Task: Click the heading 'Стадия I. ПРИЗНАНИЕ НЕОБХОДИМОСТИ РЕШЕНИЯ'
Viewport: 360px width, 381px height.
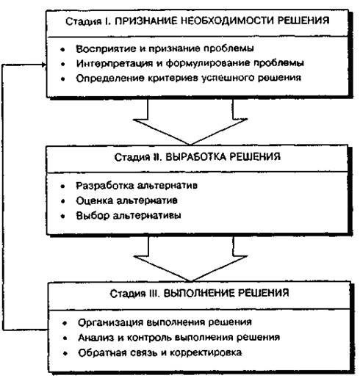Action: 198,21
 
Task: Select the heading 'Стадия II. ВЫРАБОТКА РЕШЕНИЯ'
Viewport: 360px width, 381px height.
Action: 198,156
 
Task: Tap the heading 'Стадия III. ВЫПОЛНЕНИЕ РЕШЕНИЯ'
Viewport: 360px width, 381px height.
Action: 199,293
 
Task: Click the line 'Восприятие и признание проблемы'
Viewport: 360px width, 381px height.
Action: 165,48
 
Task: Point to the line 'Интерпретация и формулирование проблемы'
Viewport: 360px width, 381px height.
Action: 190,63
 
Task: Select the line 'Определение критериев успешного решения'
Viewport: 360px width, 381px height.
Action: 189,78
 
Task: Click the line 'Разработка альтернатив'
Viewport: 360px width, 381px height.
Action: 137,186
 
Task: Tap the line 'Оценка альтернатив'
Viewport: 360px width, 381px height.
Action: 126,200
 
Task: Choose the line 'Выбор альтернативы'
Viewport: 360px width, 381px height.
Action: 129,216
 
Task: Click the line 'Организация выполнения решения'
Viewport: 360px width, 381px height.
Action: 165,322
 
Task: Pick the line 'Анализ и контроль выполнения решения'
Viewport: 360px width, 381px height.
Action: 179,338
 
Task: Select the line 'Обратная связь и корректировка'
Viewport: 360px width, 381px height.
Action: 160,352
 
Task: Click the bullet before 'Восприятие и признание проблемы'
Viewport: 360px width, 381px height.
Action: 63,49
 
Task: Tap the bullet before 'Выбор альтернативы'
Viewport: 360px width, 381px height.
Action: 63,217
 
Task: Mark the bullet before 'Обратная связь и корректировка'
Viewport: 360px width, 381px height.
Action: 65,354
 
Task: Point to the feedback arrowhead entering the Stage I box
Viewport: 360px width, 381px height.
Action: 44,65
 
